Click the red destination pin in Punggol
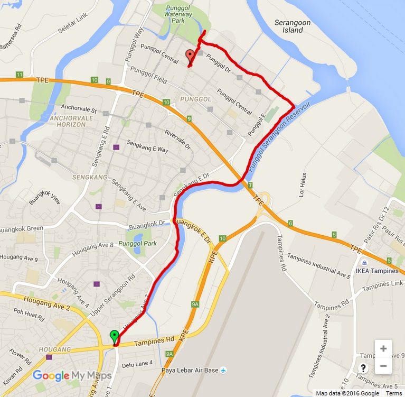tap(190, 56)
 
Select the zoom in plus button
tap(383, 348)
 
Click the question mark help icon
tap(363, 368)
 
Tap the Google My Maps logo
tap(72, 376)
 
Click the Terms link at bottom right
tap(393, 393)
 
